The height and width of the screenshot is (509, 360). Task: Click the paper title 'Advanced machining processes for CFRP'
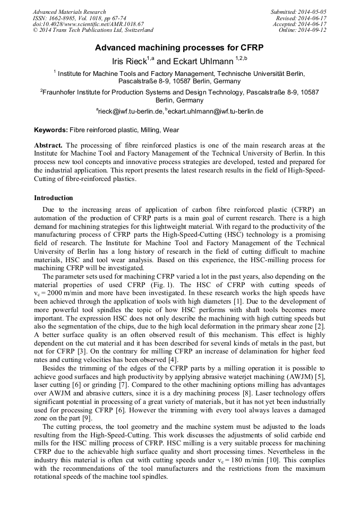pos(179,47)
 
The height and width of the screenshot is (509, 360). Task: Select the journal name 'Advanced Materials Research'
pos(69,12)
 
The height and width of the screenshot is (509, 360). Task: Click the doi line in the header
pos(88,24)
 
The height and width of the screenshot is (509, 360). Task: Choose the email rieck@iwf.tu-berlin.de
pos(130,111)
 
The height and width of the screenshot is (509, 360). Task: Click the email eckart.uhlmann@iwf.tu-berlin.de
pos(215,111)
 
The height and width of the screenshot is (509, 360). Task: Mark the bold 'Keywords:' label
pos(51,130)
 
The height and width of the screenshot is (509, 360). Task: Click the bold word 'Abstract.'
pos(48,145)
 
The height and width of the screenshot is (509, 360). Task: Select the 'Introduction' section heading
pos(54,198)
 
